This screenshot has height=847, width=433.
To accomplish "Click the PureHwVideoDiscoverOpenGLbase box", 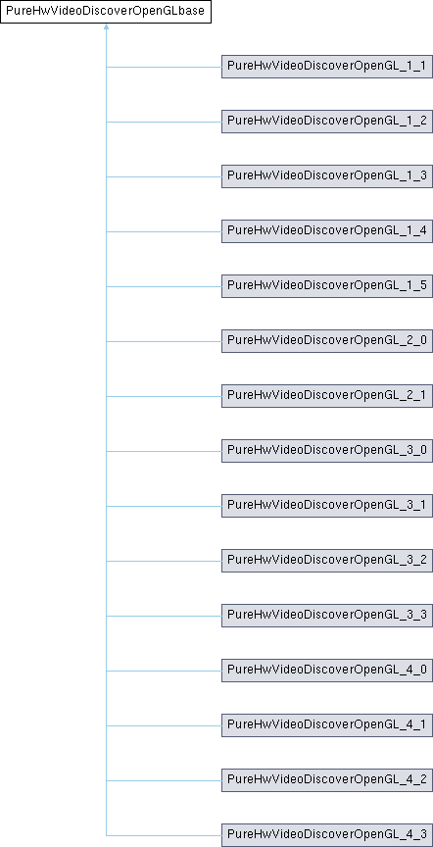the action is coord(106,12).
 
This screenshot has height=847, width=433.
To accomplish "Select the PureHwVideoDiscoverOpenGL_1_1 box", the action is coord(327,67).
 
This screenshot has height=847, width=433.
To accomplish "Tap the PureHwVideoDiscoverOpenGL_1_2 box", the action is coord(327,123).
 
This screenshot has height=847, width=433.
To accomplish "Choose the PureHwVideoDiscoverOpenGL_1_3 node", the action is coord(327,176).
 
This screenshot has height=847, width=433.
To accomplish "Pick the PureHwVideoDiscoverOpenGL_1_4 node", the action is coord(327,231).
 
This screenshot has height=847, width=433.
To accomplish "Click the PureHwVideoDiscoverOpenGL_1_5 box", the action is coord(327,287).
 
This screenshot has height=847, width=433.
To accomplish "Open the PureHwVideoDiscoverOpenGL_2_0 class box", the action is coord(327,341).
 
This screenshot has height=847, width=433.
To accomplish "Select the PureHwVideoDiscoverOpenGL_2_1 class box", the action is coord(327,396).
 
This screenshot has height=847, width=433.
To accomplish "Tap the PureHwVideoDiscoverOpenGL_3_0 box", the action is coord(327,451).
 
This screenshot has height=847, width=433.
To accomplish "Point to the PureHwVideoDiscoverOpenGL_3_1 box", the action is coord(327,506).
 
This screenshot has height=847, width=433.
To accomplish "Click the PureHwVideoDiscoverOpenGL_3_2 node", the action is coord(327,562).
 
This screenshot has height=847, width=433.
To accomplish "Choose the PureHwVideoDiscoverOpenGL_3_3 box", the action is coord(327,616).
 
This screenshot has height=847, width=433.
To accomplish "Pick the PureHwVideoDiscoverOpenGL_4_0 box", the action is coord(327,671).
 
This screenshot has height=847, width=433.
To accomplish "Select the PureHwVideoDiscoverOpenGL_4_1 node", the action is coord(327,726).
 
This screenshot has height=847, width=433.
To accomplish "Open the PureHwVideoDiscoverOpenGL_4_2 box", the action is coord(327,780).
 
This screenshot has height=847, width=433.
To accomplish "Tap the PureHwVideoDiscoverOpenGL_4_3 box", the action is coord(327,835).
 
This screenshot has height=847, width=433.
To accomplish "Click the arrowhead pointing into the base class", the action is coord(106,25).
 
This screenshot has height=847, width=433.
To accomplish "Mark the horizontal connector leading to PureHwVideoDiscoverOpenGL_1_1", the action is coord(164,67).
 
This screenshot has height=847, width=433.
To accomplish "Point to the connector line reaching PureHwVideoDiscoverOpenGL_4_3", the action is coord(164,835).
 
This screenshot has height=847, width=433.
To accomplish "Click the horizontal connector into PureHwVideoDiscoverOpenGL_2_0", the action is coord(164,341).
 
